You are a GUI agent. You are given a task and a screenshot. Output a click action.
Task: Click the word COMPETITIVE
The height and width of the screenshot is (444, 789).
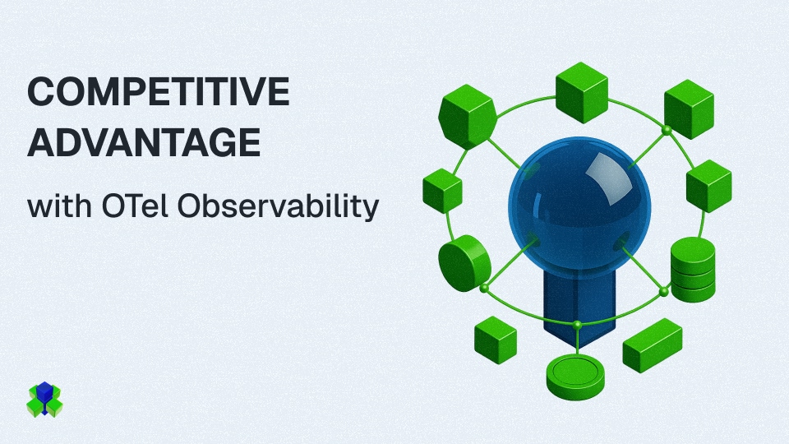click(x=159, y=91)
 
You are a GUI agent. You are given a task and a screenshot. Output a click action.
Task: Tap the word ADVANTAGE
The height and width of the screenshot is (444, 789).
click(x=144, y=142)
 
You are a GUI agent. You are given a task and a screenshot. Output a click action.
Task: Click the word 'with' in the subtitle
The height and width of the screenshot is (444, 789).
click(x=59, y=206)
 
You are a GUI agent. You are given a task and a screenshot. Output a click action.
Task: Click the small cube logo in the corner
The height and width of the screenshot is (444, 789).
click(x=44, y=400)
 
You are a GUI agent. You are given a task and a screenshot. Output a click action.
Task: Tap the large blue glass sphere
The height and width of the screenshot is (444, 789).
click(x=579, y=207)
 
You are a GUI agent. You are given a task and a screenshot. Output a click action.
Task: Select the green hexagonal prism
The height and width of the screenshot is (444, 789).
click(x=468, y=117)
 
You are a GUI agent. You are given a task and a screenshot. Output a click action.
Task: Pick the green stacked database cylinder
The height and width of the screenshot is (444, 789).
click(x=693, y=270)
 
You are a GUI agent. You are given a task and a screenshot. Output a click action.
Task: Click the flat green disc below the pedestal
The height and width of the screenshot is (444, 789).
click(x=575, y=377)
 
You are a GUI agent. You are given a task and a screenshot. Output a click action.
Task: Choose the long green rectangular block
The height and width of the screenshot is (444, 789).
click(x=653, y=345)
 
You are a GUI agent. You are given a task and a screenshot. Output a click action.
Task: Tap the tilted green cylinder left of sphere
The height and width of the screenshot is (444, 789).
click(x=464, y=263)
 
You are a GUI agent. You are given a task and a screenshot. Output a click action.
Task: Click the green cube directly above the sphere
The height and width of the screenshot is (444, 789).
click(x=582, y=93)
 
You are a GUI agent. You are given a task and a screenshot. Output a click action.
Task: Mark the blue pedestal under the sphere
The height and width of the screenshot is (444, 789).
click(x=579, y=307)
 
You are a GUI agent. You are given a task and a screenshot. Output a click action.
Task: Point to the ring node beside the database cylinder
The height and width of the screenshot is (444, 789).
click(x=664, y=291)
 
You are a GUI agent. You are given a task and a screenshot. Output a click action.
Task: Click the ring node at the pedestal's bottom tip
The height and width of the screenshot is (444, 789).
click(x=577, y=326)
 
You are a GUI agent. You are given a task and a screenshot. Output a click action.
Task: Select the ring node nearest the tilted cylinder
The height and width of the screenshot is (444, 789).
click(x=484, y=289)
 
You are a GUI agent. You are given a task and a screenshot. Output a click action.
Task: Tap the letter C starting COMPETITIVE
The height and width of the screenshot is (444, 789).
click(x=42, y=91)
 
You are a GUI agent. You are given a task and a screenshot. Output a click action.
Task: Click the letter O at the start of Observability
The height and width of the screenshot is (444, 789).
click(x=190, y=206)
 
